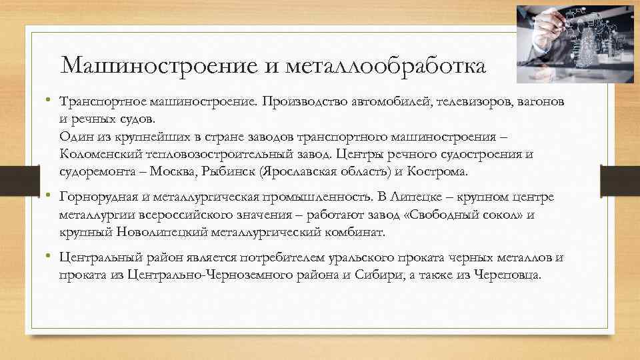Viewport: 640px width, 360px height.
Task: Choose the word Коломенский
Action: point(101,155)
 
